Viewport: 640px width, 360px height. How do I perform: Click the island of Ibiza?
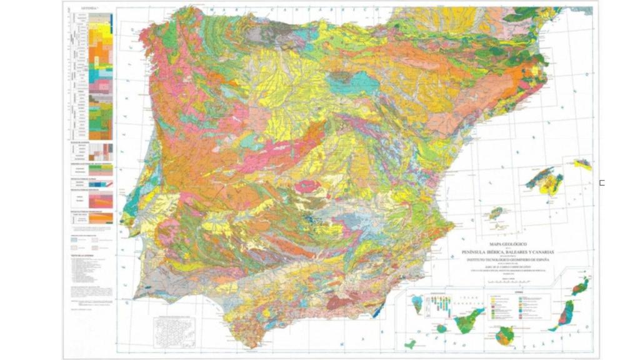coord(496,213)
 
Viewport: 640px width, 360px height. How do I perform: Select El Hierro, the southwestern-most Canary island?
coord(410,344)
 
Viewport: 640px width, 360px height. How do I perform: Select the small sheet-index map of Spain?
coord(174,332)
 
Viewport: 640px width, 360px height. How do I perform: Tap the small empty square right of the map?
coord(602,182)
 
